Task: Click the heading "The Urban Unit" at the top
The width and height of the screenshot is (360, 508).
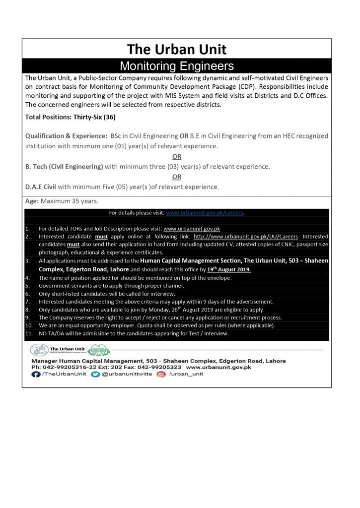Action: click(x=177, y=49)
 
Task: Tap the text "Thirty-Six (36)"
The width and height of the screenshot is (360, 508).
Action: click(x=91, y=118)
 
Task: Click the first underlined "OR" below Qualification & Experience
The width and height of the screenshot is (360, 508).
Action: click(x=177, y=156)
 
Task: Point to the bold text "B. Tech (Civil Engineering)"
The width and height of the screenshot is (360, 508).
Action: click(x=64, y=167)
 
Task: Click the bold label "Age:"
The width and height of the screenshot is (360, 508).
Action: click(x=32, y=201)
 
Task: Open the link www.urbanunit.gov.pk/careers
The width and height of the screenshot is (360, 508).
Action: click(x=205, y=213)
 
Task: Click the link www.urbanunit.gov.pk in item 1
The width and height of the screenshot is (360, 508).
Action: click(x=192, y=229)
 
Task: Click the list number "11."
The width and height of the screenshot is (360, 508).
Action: click(x=29, y=333)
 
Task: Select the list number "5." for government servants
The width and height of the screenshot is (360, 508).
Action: click(x=27, y=286)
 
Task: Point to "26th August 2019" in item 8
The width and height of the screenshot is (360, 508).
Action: click(x=181, y=310)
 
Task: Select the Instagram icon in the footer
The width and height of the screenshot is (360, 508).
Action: click(x=160, y=375)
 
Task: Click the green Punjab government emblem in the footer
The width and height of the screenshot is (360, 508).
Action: click(x=99, y=350)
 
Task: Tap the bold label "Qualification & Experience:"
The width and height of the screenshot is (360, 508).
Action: click(x=66, y=135)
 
